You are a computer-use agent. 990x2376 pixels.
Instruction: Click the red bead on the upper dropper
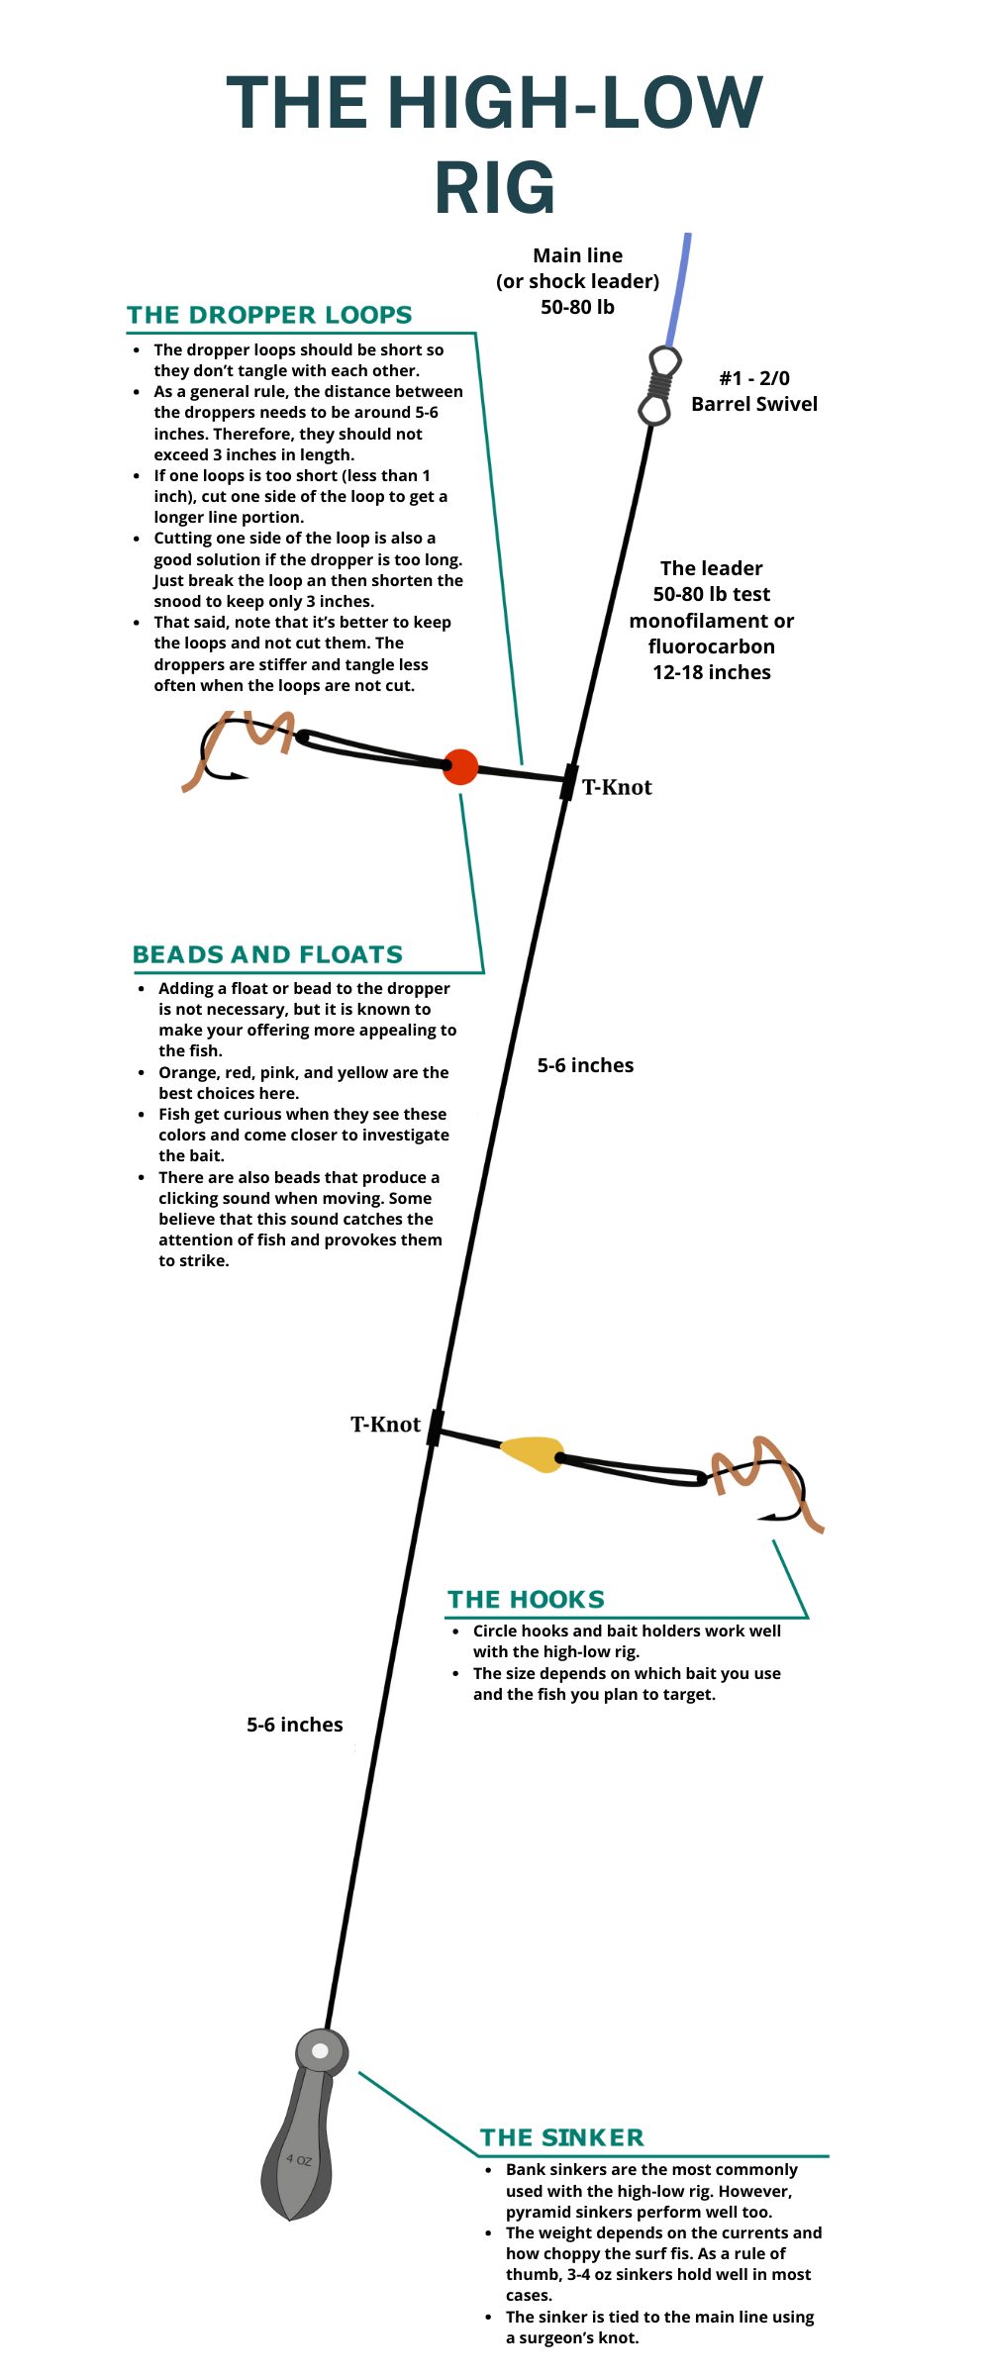click(460, 766)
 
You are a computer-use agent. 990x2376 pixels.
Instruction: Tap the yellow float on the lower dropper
click(533, 1453)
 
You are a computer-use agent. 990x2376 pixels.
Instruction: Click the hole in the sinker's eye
click(320, 2050)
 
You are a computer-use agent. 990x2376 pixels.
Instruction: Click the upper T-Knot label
click(617, 788)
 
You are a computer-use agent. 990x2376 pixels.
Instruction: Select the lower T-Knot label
click(385, 1425)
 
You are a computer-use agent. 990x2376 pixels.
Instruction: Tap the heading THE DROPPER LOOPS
click(269, 315)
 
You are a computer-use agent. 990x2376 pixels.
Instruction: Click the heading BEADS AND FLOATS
click(267, 954)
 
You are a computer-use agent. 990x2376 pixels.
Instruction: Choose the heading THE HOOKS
click(526, 1600)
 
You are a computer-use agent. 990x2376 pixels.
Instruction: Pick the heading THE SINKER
click(561, 2137)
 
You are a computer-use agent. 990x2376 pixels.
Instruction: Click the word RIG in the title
click(495, 188)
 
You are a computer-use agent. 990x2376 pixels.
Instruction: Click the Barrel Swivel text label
click(754, 404)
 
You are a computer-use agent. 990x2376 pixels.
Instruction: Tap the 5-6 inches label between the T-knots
click(585, 1065)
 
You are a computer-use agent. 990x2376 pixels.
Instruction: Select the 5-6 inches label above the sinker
click(294, 1725)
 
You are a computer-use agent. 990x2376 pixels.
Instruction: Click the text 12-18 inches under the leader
click(711, 672)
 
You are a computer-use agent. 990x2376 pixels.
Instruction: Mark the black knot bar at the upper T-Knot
click(569, 781)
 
